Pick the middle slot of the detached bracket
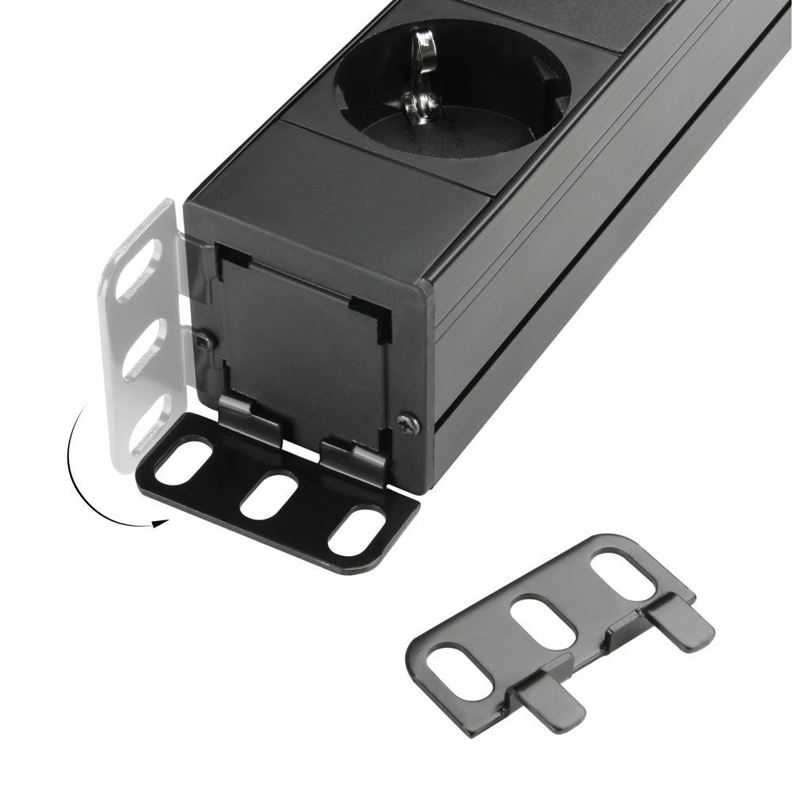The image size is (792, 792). (x=543, y=619)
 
